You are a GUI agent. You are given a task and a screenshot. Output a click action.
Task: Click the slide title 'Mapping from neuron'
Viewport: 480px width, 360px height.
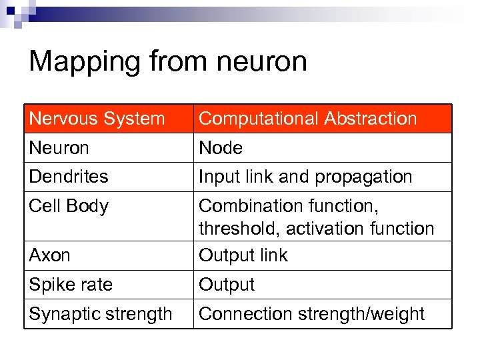point(168,62)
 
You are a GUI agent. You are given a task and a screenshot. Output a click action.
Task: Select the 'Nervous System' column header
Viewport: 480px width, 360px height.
point(97,119)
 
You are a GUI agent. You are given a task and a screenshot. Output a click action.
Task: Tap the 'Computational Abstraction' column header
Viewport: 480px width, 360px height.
point(308,119)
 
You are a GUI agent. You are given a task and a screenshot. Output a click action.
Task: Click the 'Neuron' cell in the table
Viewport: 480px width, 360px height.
point(59,148)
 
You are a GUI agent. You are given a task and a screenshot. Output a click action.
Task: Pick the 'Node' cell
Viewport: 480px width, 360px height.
point(221,148)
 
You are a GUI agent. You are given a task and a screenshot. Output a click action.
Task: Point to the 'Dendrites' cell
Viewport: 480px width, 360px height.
point(69,177)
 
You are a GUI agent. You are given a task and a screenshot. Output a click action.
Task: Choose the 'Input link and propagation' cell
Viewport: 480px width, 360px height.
point(305,177)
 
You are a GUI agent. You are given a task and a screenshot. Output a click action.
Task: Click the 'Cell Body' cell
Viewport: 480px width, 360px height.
point(69,206)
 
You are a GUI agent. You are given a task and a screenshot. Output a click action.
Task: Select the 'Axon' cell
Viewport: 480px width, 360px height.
point(50,255)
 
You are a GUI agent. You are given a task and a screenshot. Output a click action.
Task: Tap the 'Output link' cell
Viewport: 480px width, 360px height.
point(243,255)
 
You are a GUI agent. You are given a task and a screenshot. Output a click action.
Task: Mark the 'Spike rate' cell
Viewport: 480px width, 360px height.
point(71,285)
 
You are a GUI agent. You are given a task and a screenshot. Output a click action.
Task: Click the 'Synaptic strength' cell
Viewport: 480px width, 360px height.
point(101,314)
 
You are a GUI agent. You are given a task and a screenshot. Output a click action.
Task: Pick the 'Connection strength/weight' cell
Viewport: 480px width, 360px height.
point(311,314)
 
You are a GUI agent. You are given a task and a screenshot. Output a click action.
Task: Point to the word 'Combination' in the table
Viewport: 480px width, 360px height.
point(252,206)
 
